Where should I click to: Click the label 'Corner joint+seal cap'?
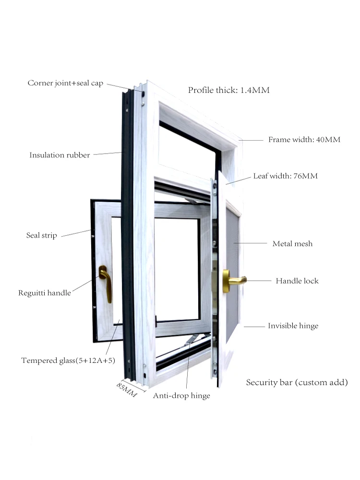(65, 83)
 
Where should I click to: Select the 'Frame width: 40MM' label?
(304, 140)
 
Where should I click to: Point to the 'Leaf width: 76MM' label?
(285, 176)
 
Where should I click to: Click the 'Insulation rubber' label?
(60, 155)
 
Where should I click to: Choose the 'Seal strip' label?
(41, 235)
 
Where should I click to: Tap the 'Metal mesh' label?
(292, 243)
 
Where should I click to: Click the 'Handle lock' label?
(297, 280)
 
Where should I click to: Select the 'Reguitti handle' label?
(45, 292)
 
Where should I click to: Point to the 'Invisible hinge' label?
(293, 326)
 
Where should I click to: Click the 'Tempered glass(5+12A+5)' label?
(68, 360)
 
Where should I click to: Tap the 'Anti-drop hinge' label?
(181, 396)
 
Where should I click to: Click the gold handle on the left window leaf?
(105, 283)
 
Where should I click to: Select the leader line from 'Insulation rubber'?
(108, 154)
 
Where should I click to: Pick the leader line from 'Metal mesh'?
(250, 243)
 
